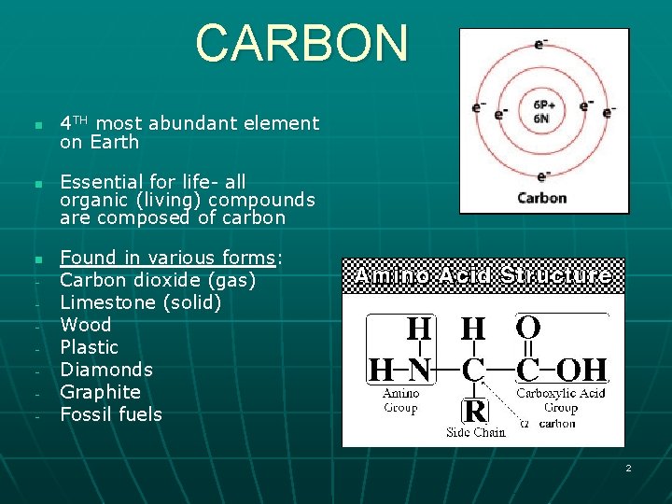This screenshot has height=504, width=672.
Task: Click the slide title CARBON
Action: click(x=301, y=43)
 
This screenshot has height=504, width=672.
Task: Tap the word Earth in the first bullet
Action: click(x=113, y=143)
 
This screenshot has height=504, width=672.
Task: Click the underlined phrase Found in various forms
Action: click(x=167, y=258)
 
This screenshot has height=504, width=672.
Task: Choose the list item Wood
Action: click(x=85, y=325)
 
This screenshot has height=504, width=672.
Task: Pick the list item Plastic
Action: click(x=89, y=347)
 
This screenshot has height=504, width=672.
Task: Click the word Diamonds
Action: click(x=105, y=370)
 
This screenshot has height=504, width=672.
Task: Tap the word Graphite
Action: click(x=100, y=392)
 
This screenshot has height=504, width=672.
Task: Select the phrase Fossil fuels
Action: click(x=110, y=414)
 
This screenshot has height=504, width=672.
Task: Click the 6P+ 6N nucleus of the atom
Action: click(x=544, y=111)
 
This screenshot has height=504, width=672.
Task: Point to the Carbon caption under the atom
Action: click(x=541, y=198)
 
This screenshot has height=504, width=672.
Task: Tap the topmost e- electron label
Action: click(x=540, y=43)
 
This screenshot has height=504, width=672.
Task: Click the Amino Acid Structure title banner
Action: click(x=483, y=276)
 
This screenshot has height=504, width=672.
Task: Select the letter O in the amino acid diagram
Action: click(x=527, y=329)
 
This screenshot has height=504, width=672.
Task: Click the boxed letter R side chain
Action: click(x=475, y=410)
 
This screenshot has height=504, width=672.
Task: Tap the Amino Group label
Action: click(x=400, y=400)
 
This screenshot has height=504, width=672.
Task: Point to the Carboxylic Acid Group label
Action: click(x=560, y=399)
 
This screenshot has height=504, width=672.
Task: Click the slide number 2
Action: click(x=628, y=468)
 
